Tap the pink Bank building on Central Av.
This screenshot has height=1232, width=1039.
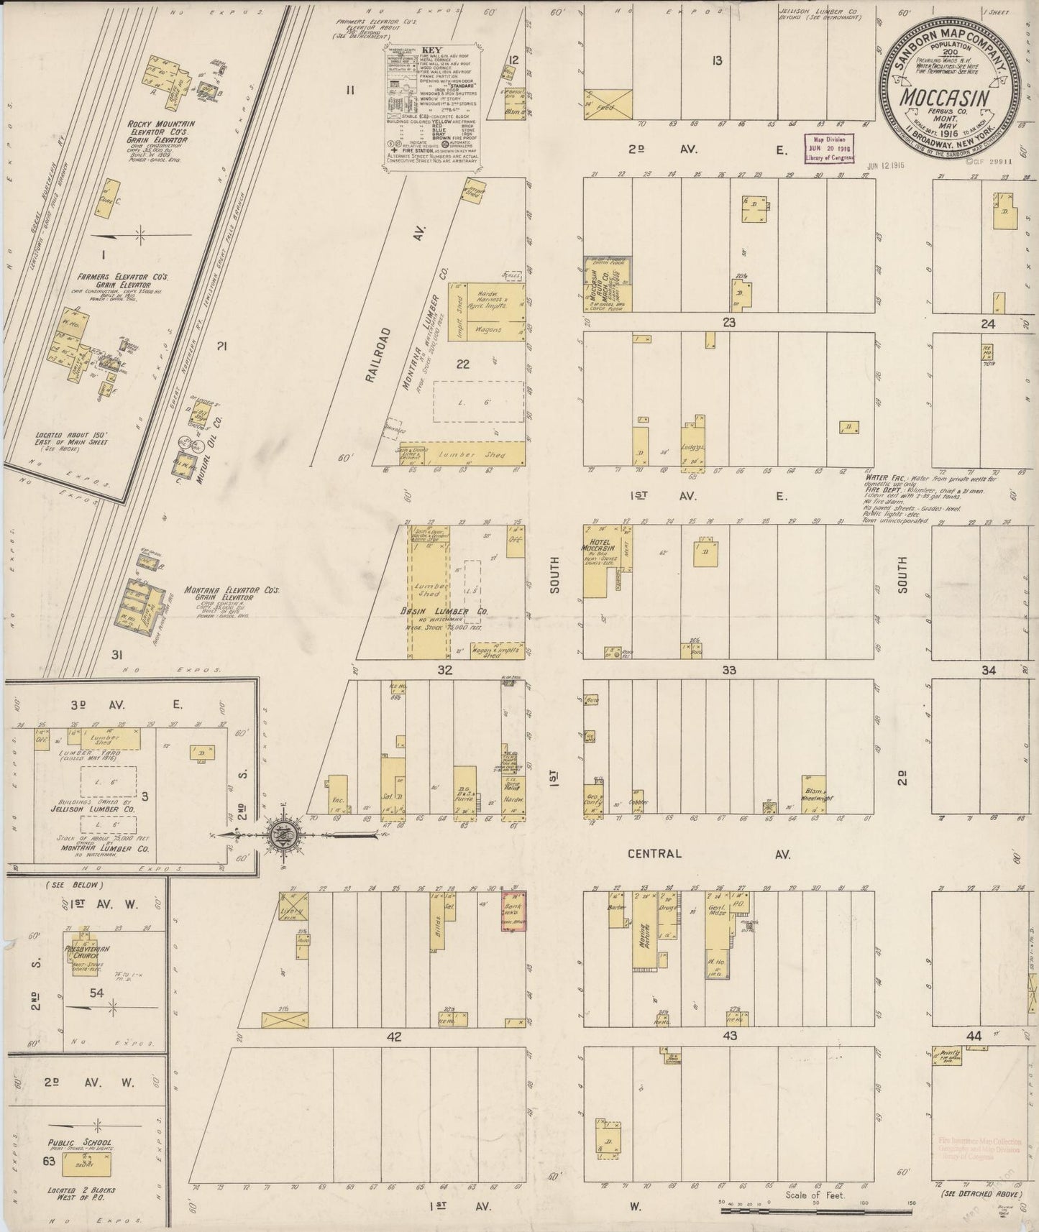[513, 911]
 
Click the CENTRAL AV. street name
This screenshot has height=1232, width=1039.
[708, 854]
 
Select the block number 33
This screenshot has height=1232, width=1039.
[729, 670]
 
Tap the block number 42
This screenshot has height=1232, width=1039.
[393, 1036]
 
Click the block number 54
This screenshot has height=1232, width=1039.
[96, 993]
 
